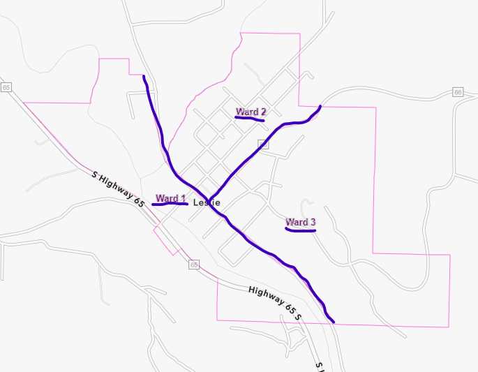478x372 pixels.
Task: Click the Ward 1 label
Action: click(x=171, y=199)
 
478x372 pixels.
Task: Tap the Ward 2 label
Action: click(x=251, y=112)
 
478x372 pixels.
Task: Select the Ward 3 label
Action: click(x=301, y=223)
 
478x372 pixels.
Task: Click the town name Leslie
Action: click(x=207, y=202)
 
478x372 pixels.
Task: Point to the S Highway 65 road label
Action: click(x=119, y=188)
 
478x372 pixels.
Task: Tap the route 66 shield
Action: click(x=458, y=92)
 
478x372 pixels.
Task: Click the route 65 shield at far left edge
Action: click(x=6, y=87)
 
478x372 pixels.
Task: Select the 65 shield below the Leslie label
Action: click(x=193, y=265)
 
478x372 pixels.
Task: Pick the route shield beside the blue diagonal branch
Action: click(x=263, y=144)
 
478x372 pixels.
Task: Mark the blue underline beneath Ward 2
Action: click(x=250, y=119)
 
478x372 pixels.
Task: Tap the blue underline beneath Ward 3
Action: click(x=301, y=230)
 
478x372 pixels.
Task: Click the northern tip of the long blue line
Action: click(x=143, y=76)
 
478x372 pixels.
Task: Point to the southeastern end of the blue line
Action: click(x=334, y=322)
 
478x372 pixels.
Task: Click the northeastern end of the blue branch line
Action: click(x=320, y=106)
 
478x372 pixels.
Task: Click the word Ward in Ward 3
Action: click(x=297, y=223)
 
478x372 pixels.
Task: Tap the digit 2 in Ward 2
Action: click(x=262, y=112)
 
